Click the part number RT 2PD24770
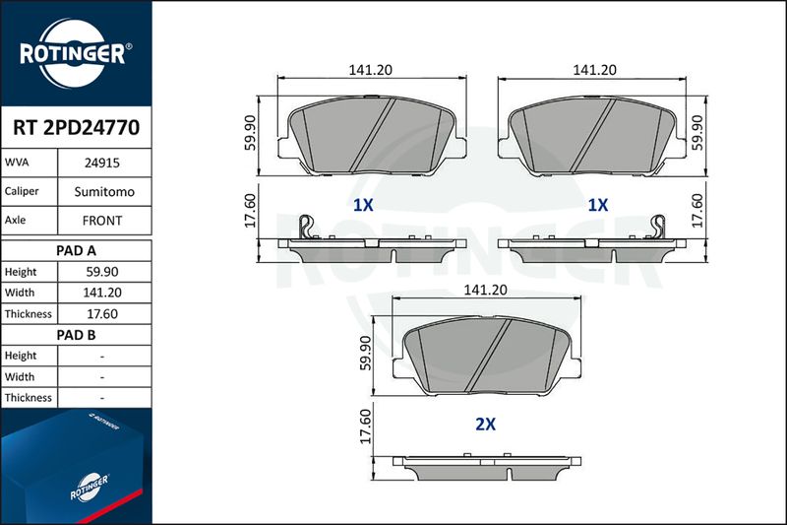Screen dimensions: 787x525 tap(77, 128)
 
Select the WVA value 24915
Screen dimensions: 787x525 tap(102, 163)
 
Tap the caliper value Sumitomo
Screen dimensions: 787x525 tap(104, 192)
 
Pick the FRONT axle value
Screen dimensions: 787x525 tap(102, 221)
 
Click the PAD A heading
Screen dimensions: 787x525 tap(76, 251)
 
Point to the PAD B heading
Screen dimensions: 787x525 tap(76, 335)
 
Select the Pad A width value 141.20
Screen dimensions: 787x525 tap(102, 293)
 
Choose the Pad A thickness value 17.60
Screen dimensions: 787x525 tap(102, 314)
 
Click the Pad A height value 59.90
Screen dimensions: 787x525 tap(102, 272)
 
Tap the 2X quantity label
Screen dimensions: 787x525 tap(485, 425)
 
